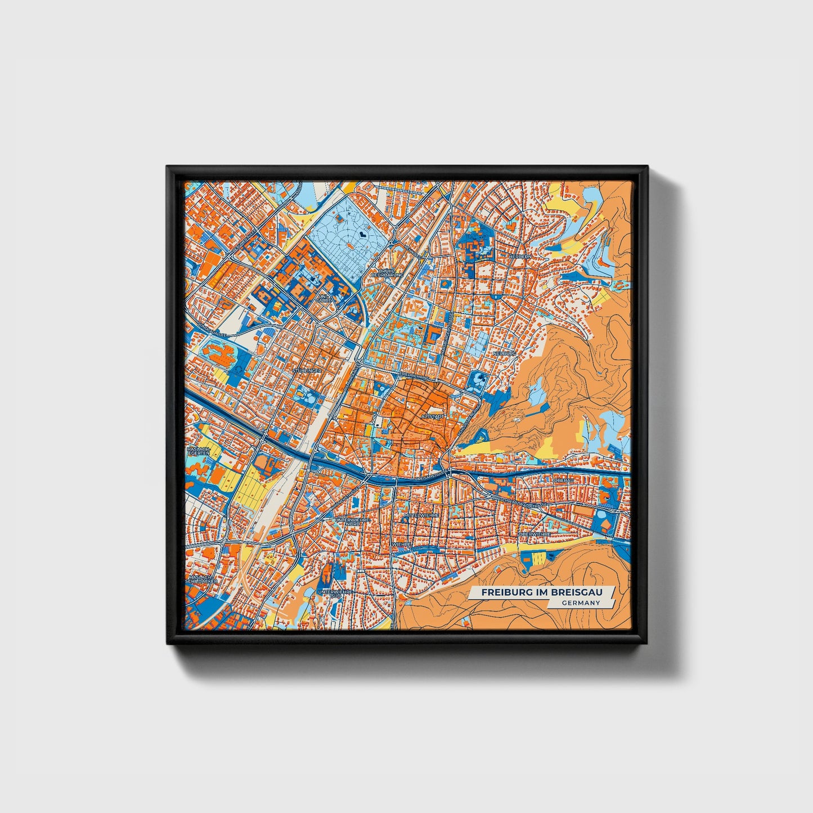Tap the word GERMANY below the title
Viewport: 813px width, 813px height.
point(581,603)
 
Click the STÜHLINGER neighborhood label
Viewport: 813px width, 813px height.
point(307,371)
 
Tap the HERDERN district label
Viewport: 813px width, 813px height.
point(519,256)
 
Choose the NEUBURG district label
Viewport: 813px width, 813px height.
point(504,353)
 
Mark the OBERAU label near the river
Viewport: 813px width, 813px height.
point(563,481)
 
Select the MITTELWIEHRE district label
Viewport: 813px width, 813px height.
point(421,515)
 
